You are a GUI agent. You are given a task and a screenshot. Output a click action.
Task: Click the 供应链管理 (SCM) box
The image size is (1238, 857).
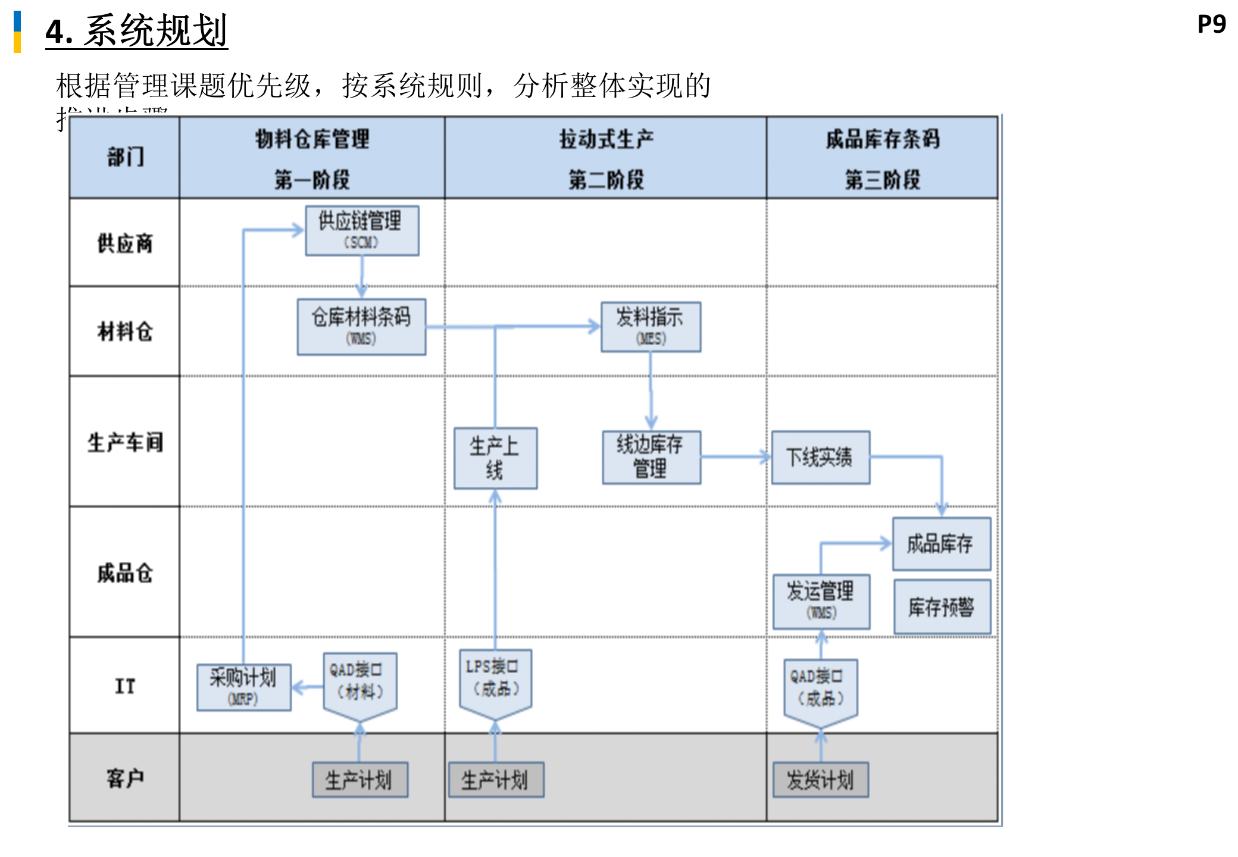tap(362, 231)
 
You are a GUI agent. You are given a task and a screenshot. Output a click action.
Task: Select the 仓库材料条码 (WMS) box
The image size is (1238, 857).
tap(361, 327)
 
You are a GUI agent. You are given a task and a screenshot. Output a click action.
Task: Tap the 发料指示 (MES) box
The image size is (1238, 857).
tap(651, 327)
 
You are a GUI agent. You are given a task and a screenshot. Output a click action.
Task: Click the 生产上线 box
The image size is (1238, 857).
tap(495, 458)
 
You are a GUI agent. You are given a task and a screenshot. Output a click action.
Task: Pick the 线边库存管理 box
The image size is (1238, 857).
tap(651, 457)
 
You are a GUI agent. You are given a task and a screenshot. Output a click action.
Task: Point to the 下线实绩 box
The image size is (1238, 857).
tap(820, 457)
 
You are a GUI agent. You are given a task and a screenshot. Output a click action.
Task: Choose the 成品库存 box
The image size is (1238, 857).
tap(941, 543)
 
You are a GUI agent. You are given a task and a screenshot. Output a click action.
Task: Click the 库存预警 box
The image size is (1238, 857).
tap(942, 606)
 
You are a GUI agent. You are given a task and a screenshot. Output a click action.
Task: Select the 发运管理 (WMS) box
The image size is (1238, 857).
tap(821, 601)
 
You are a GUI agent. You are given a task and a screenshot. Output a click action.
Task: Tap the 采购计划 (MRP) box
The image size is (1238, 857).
tap(244, 687)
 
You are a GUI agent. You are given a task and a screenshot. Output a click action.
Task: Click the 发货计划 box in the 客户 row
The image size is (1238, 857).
tap(820, 780)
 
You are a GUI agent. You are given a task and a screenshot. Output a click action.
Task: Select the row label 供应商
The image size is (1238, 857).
tap(124, 243)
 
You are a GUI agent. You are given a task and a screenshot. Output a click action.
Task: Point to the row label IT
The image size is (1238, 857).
tap(124, 686)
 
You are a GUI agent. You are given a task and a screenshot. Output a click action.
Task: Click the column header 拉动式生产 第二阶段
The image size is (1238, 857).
tap(605, 158)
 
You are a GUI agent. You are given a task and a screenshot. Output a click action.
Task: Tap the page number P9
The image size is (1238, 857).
tap(1211, 24)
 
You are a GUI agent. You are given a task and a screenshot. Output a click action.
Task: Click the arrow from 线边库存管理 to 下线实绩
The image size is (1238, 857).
tap(736, 457)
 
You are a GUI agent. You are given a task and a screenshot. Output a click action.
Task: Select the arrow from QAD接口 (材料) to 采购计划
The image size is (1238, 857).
tap(308, 688)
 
